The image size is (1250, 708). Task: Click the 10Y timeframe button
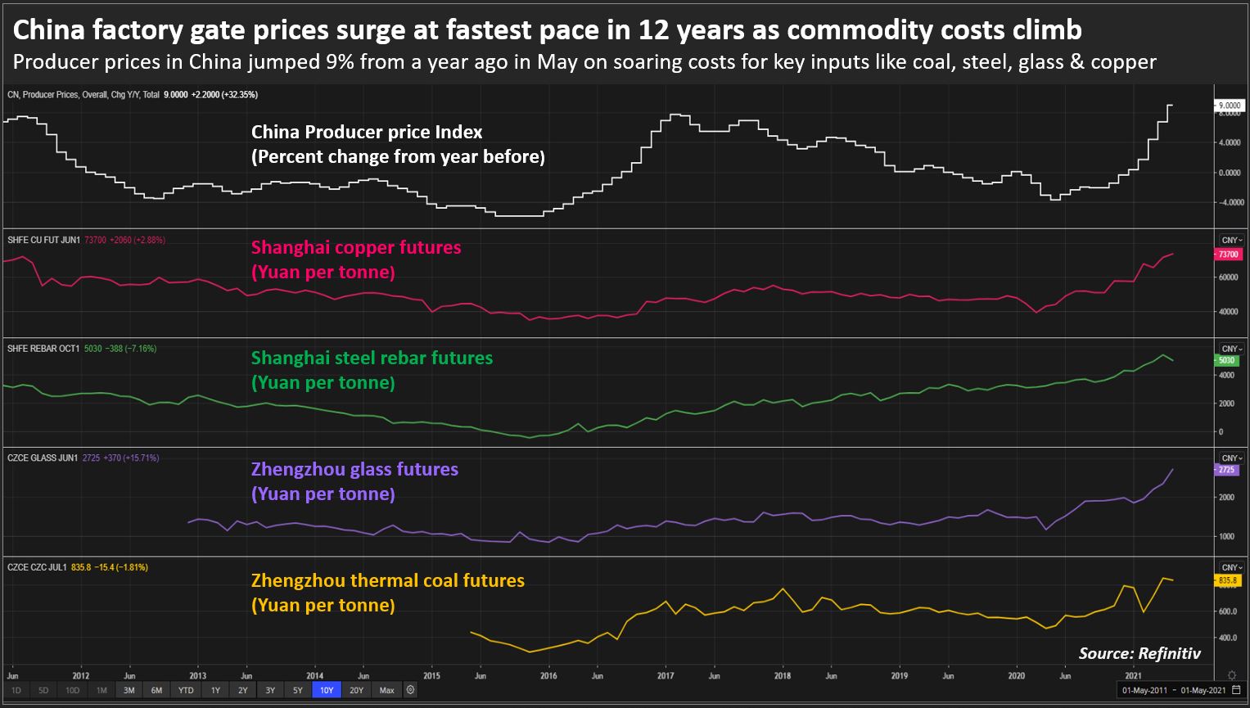[x=327, y=690]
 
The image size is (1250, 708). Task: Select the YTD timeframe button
[x=186, y=690]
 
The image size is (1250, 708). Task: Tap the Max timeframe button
[x=387, y=690]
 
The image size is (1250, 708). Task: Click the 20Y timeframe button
[x=356, y=690]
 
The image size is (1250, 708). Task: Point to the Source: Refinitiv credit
[x=1139, y=652]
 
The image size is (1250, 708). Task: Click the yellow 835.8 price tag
[x=1227, y=580]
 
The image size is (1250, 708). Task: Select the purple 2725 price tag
[x=1226, y=470]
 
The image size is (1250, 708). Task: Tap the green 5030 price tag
[x=1226, y=360]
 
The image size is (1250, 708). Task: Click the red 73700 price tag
[x=1228, y=255]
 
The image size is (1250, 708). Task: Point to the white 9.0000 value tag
[x=1229, y=106]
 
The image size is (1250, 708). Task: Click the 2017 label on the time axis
[x=666, y=676]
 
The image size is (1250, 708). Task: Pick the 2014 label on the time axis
[x=314, y=676]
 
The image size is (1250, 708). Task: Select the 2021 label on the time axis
[x=1133, y=676]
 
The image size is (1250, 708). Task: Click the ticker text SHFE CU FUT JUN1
[x=44, y=241]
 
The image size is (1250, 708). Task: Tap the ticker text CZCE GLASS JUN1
[x=43, y=458]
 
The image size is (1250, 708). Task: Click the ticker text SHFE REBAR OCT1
[x=44, y=349]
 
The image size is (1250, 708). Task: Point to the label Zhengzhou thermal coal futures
[x=387, y=581]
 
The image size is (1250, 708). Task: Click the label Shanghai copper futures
[x=355, y=248]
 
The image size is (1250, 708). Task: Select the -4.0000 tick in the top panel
[x=1229, y=202]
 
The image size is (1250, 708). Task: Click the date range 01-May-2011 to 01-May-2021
[x=1173, y=691]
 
